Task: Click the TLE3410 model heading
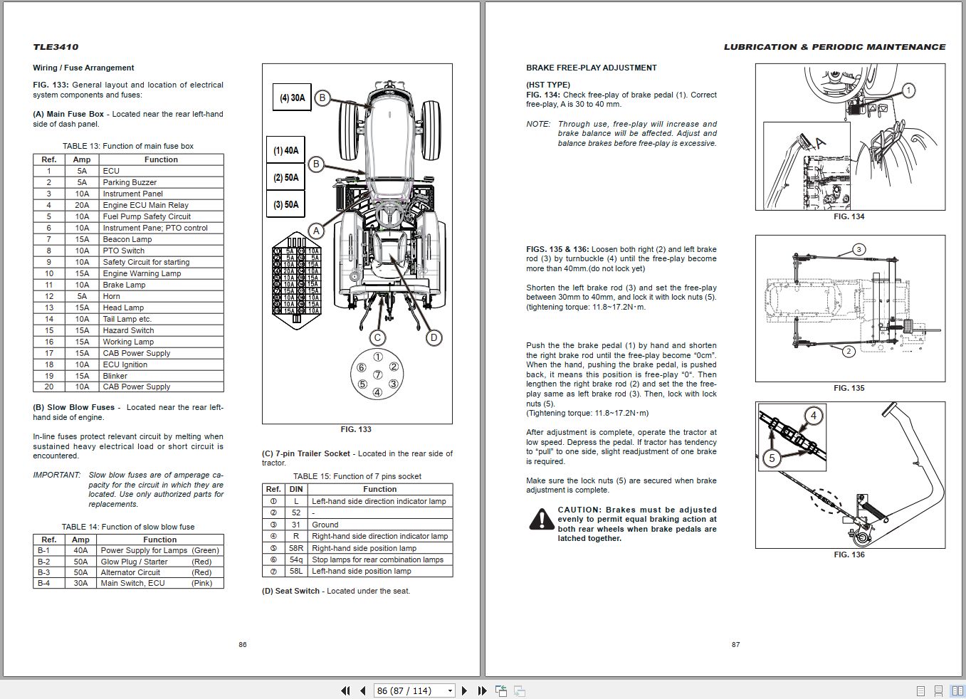(x=56, y=47)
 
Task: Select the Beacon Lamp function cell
(x=127, y=239)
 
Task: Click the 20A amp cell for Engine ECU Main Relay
(x=82, y=205)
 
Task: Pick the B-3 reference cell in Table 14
(x=44, y=572)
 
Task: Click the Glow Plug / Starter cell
(x=135, y=562)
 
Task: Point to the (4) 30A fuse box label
(x=292, y=98)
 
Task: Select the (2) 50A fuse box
(x=285, y=177)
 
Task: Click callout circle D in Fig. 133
(x=434, y=337)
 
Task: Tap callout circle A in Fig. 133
(x=316, y=231)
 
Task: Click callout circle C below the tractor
(x=377, y=337)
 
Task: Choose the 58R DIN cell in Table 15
(x=296, y=548)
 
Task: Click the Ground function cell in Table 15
(x=325, y=525)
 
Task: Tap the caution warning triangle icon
(x=542, y=520)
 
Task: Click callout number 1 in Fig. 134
(x=908, y=90)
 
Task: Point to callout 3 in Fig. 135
(x=859, y=249)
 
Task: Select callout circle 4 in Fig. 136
(x=813, y=416)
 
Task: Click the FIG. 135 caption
(x=849, y=388)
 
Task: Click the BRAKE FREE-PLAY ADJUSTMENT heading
(x=591, y=68)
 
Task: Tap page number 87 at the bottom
(x=735, y=644)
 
